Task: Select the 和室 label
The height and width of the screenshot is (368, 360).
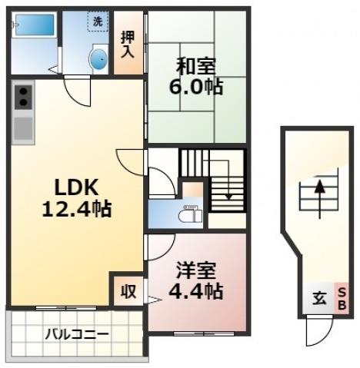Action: [195, 67]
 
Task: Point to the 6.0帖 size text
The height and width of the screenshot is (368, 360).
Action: [195, 86]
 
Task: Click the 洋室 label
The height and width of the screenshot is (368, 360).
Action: [195, 271]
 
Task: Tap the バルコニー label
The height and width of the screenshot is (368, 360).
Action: [76, 335]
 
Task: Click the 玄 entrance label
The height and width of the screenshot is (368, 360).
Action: [317, 297]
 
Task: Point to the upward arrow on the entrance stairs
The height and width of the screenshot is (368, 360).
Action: [318, 190]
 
